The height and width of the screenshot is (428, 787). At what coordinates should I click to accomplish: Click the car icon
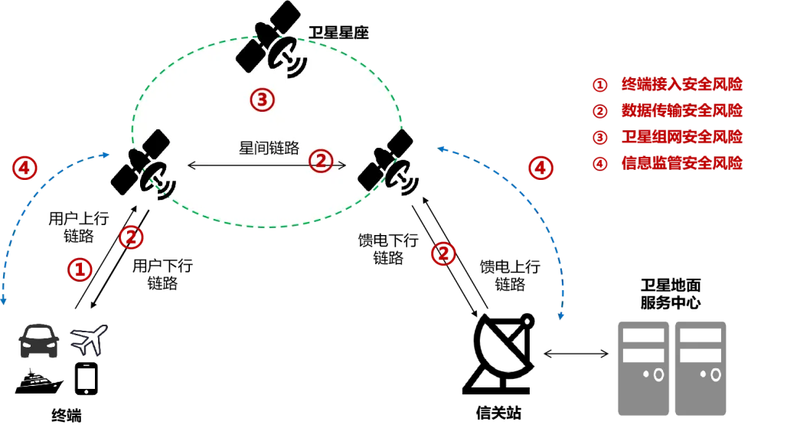39,341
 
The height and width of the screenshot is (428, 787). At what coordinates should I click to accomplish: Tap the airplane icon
89,340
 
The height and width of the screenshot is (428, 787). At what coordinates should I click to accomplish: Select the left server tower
643,368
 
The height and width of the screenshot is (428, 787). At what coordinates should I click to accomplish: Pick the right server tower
700,368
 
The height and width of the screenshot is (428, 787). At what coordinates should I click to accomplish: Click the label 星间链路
269,149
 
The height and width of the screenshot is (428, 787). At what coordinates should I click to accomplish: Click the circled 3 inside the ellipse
262,100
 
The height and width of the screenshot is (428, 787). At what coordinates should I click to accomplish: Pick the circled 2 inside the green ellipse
321,161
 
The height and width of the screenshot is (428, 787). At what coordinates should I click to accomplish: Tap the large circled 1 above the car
80,269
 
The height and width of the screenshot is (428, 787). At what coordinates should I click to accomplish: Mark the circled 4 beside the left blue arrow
24,168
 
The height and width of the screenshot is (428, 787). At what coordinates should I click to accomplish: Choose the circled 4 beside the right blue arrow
540,168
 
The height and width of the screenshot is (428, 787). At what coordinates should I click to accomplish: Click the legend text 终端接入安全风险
681,84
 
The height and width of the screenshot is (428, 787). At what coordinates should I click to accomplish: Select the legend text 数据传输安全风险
681,111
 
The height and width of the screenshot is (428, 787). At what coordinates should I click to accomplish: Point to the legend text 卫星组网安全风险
681,137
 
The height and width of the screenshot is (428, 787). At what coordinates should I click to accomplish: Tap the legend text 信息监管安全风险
681,163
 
